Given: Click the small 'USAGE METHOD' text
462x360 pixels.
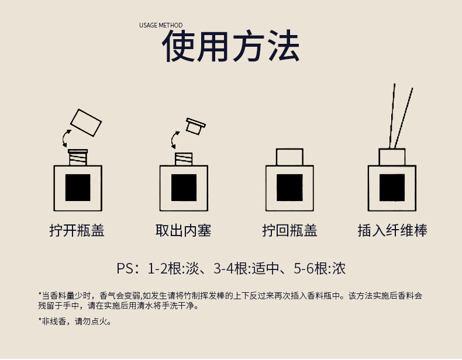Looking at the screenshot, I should tap(161, 25).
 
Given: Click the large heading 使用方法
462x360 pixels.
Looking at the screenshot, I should tap(231, 47).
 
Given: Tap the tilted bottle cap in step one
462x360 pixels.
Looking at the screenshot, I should tap(86, 122).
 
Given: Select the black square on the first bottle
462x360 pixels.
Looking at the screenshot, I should tap(78, 188).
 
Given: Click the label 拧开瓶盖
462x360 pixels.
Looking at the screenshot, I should tap(77, 231).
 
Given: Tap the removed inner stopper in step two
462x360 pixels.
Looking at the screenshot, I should tap(194, 126).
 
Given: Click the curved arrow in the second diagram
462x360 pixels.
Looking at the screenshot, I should tap(174, 140).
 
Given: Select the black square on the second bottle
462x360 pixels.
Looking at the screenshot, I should tap(184, 188).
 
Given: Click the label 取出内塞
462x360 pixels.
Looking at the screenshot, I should tap(183, 231).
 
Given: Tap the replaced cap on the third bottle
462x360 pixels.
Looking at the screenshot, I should tap(289, 157).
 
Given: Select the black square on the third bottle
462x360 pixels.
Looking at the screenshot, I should tap(289, 188).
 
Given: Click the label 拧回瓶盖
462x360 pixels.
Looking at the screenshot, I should tap(289, 231).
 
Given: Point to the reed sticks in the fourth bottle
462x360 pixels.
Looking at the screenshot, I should tap(402, 117).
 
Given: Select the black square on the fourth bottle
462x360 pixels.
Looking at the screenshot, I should tap(392, 188).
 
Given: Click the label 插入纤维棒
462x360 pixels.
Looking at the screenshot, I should tap(392, 231).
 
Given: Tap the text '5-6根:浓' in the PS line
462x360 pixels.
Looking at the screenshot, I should tap(319, 269).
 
